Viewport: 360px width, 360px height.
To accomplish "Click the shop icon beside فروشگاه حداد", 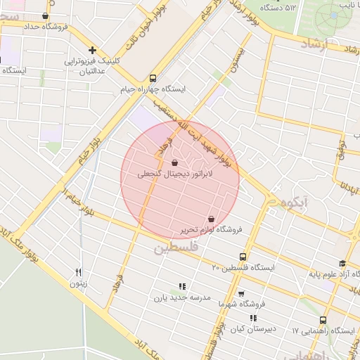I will coord(46,15).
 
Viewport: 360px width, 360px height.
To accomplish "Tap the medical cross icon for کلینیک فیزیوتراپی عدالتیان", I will coord(92,49).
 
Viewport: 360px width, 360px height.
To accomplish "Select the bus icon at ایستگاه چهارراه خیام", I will coord(153,78).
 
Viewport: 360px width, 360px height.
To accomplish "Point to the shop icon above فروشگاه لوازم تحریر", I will coord(212,219).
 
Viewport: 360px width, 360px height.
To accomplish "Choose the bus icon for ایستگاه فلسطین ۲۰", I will coord(243,257).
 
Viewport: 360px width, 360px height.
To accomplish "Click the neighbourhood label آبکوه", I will coord(295,202).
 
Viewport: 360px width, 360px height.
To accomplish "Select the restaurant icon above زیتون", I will coord(79,272).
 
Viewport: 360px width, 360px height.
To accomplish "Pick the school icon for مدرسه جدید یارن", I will coord(181,286).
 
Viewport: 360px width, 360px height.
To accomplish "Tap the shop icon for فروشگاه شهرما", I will coord(241,293).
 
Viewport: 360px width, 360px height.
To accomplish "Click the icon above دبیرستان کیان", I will coord(253,319).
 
